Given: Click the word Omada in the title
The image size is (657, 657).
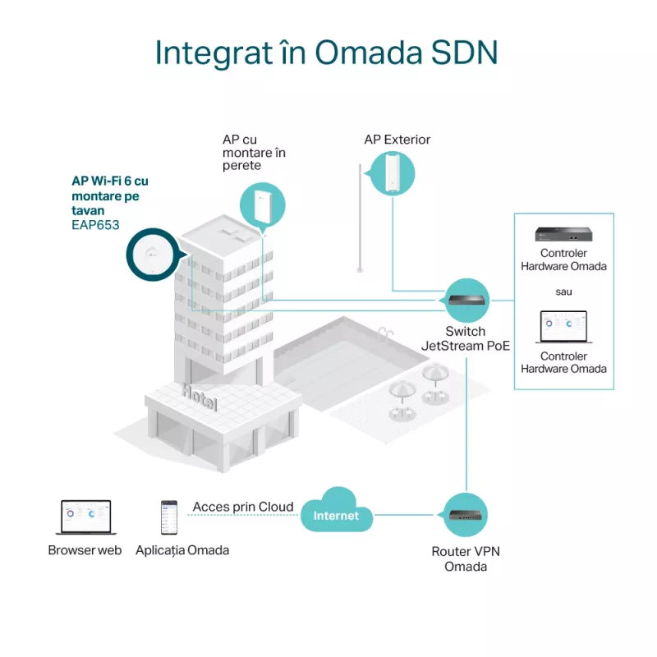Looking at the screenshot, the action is [368, 53].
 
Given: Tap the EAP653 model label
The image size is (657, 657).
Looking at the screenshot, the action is [95, 225].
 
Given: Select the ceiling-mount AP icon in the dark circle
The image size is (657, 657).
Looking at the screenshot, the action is [153, 255].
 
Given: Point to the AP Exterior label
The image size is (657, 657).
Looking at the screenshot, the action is [397, 140].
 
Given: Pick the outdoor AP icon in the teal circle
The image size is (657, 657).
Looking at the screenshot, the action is [393, 173].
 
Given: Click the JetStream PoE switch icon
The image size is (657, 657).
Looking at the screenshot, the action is [466, 301].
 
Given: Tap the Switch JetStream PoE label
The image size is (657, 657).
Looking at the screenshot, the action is [466, 338].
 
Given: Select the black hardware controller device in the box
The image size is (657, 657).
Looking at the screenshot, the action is [563, 234].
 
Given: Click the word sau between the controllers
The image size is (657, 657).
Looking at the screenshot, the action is [563, 292].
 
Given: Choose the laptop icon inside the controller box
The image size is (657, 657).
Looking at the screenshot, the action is [563, 327].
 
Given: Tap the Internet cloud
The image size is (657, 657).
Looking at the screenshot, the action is [337, 510].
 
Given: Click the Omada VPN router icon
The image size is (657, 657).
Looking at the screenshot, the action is [465, 515].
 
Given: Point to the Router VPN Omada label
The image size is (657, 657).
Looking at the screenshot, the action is [466, 559].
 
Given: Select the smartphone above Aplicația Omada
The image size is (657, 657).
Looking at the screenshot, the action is [169, 517].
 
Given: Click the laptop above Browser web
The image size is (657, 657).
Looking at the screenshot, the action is [86, 517].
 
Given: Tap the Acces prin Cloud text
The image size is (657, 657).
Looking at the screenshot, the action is [243, 507].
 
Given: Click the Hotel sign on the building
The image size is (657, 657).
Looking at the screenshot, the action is [200, 397].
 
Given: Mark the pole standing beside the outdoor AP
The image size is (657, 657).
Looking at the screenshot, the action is [360, 218].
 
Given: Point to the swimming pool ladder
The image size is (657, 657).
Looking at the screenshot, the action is [385, 334].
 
